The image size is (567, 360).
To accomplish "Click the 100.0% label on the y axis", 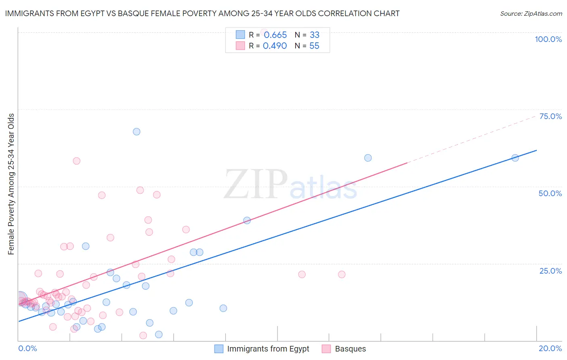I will coord(548,39).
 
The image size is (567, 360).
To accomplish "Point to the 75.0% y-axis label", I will coord(550,116).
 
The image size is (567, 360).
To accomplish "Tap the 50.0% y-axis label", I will coord(550,193).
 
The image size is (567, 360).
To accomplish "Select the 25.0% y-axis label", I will coord(550,271).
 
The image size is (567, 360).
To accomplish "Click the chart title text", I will coord(202,13).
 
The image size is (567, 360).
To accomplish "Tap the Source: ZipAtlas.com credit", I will coord(531,14).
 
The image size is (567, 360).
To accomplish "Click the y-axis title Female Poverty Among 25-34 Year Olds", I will coord(11,184).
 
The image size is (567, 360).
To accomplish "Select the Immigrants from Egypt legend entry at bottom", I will coord(262,349).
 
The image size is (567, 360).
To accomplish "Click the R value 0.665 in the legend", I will coord(275,35).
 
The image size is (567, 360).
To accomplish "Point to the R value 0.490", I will coord(275,46).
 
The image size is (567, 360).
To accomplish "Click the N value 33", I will coord(315,35).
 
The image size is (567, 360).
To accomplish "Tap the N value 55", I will coord(314,46).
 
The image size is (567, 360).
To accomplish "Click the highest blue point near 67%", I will coord(137,132).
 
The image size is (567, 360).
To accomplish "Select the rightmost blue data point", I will coord(515,158).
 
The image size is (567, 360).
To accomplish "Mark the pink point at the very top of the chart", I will coord(264,32).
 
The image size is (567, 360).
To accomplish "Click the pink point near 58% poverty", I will coord(77,161).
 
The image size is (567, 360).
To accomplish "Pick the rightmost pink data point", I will coord(342,274).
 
